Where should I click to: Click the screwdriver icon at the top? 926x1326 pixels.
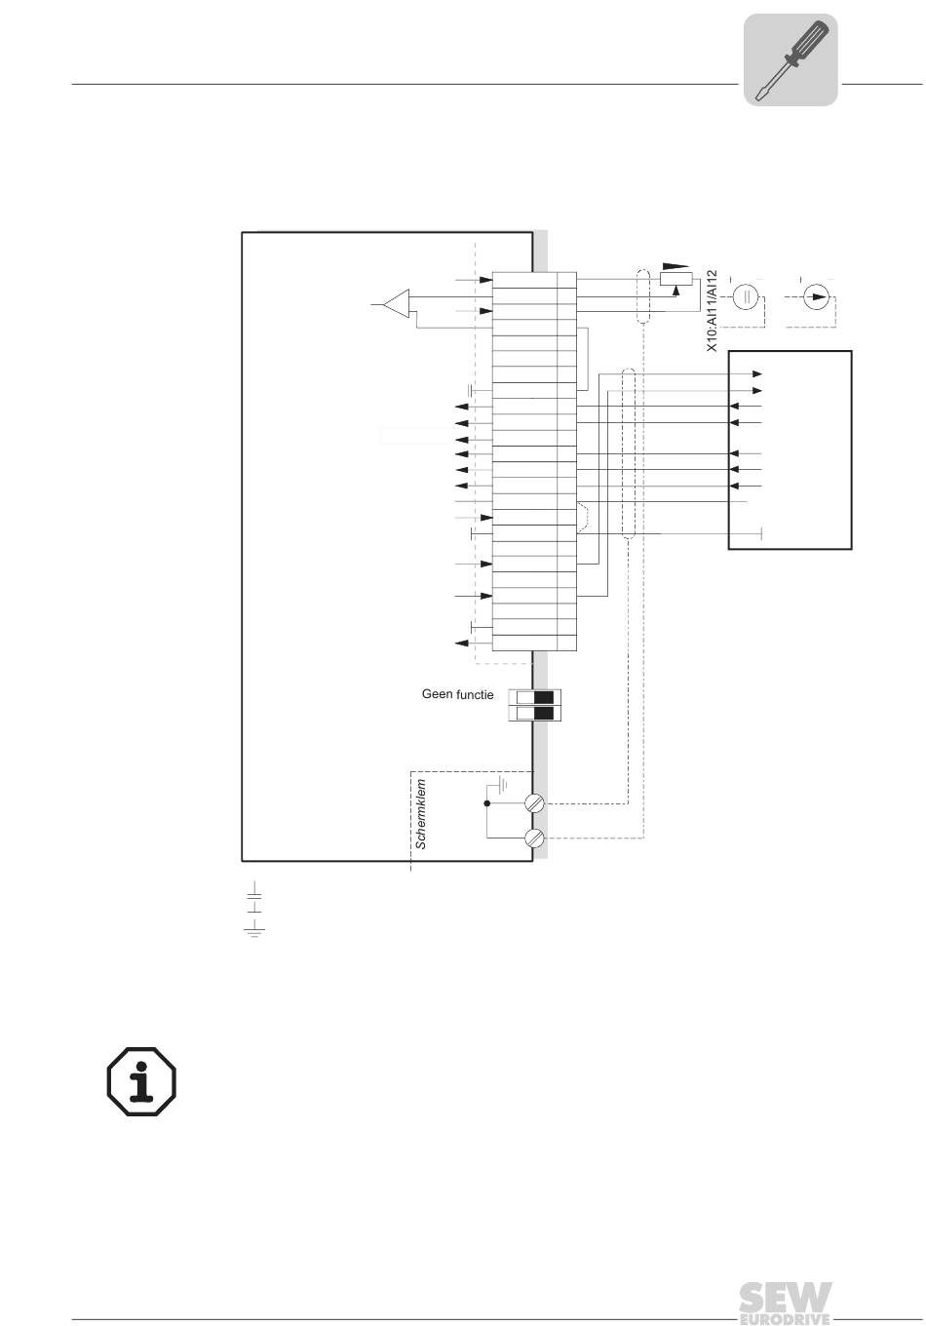click(x=791, y=59)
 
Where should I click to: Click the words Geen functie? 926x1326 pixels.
click(x=457, y=695)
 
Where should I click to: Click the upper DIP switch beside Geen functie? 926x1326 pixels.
click(x=535, y=697)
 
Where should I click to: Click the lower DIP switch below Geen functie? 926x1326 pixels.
click(x=535, y=714)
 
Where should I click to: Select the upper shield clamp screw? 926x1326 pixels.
click(x=533, y=804)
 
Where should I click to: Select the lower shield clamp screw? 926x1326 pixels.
click(x=533, y=838)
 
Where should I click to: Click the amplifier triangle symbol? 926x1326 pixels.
click(x=396, y=303)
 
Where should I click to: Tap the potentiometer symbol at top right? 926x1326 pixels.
click(x=676, y=279)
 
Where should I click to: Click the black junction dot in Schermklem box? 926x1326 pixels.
click(x=486, y=804)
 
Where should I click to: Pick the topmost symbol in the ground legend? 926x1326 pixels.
click(x=254, y=891)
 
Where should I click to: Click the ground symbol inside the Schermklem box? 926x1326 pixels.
click(x=502, y=783)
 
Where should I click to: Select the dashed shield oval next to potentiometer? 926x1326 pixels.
click(x=642, y=296)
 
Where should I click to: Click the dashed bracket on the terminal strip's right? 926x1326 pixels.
click(x=583, y=517)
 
